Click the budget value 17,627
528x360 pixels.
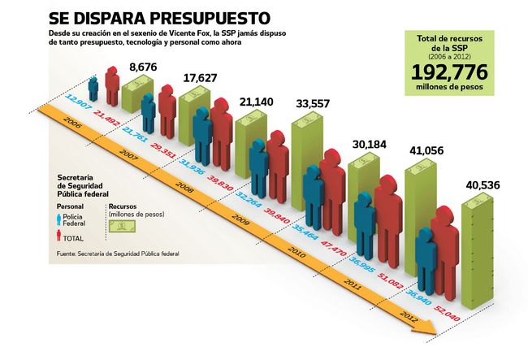tap(200, 77)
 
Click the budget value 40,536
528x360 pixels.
tap(483, 185)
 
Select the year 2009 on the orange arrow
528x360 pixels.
tap(238, 219)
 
